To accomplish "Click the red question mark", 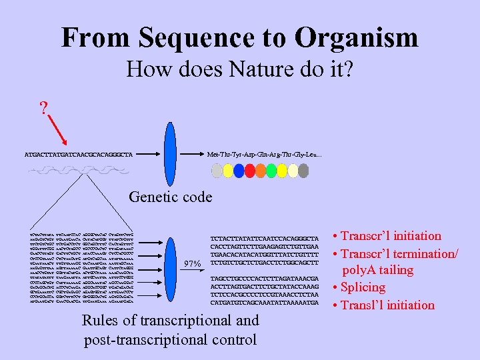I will coord(44,109).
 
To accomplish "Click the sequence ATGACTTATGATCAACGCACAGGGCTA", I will coord(78,155).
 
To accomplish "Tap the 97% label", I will coord(191,264).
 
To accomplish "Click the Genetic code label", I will coord(170,197).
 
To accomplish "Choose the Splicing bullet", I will coord(363,287).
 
